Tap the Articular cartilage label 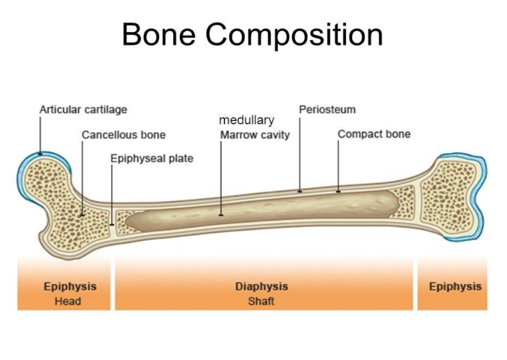point(83,110)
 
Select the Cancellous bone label point(124,135)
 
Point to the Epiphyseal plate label point(152,159)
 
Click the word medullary point(246,121)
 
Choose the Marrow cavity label point(255,135)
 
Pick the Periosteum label point(327,110)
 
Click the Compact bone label point(373,134)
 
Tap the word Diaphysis point(261,287)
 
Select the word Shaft point(261,301)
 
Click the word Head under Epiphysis point(67,301)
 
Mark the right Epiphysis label point(455,287)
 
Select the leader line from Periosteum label point(300,154)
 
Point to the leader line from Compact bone point(338,167)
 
